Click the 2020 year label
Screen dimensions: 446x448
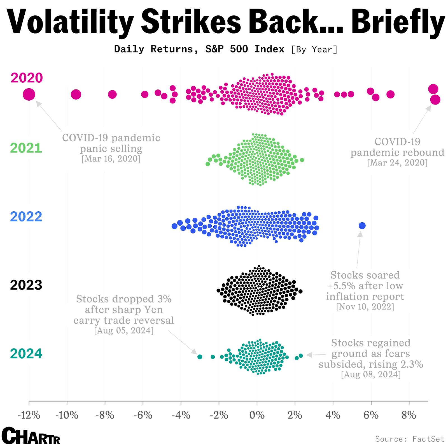click(x=27, y=78)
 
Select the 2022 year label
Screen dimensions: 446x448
click(x=26, y=217)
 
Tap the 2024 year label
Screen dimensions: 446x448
click(x=26, y=353)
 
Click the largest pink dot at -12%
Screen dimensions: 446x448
click(x=29, y=94)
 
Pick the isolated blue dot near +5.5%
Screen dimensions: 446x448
click(x=362, y=225)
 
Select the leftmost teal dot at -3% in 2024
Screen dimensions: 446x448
click(x=200, y=357)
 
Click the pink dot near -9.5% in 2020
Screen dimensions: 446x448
click(x=76, y=94)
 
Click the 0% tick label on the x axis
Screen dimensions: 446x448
click(x=257, y=415)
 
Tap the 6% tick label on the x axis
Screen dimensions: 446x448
click(x=371, y=415)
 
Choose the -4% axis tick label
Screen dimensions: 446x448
click(x=181, y=415)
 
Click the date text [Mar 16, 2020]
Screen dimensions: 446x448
click(x=111, y=159)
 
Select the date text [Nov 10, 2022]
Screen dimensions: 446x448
click(x=365, y=307)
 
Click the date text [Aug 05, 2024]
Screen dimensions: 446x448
click(x=124, y=331)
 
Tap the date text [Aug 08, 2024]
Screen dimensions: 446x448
click(x=371, y=375)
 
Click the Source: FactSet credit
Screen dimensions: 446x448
click(x=410, y=438)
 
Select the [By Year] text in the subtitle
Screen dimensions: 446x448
click(x=314, y=50)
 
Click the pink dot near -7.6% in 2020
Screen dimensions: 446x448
click(x=112, y=94)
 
